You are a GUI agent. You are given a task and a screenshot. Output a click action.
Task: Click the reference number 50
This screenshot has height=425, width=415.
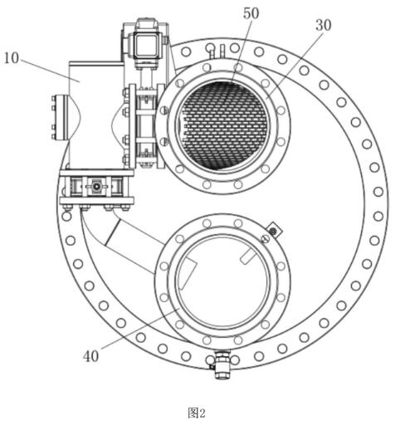(x=251, y=13)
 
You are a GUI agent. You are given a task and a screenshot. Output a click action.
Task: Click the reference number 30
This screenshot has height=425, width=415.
(x=323, y=25)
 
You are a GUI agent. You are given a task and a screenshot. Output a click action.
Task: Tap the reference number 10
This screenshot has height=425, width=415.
(x=12, y=58)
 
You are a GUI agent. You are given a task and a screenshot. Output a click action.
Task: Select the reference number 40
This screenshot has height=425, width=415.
(x=90, y=356)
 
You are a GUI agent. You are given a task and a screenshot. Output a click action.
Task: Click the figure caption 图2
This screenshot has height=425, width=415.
(x=197, y=413)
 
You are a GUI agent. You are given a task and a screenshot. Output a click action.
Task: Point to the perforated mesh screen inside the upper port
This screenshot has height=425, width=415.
(x=223, y=126)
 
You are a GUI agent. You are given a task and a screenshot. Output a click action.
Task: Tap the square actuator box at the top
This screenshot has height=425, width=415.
(x=146, y=46)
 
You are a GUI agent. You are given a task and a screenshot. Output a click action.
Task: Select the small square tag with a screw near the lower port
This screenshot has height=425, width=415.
(x=273, y=231)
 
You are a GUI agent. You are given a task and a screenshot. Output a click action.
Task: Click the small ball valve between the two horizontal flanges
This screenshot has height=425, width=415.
(x=96, y=187)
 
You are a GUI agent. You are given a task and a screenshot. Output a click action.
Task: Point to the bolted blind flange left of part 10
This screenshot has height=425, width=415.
(x=59, y=118)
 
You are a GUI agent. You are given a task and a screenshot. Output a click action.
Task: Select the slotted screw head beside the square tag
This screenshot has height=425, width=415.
(x=265, y=239)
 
